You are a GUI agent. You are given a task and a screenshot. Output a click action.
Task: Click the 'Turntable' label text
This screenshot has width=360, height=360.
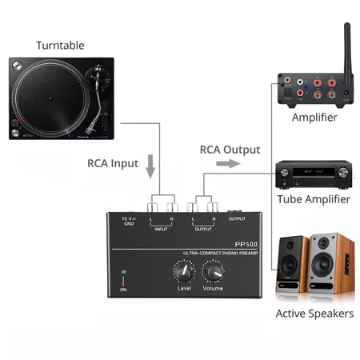(60, 45)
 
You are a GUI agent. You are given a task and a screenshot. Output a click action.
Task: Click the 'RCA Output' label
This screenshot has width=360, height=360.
(230, 150)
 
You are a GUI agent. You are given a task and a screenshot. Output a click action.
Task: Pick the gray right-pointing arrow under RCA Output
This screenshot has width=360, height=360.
(228, 164)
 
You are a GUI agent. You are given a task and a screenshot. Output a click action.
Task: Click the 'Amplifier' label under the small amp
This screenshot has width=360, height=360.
(314, 118)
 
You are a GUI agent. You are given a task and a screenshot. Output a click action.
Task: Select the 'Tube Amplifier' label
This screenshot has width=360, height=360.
(313, 199)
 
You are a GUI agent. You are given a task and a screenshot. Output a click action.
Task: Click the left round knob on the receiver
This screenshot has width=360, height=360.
(283, 173)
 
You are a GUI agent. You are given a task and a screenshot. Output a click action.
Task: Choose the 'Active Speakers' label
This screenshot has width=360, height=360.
(314, 313)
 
